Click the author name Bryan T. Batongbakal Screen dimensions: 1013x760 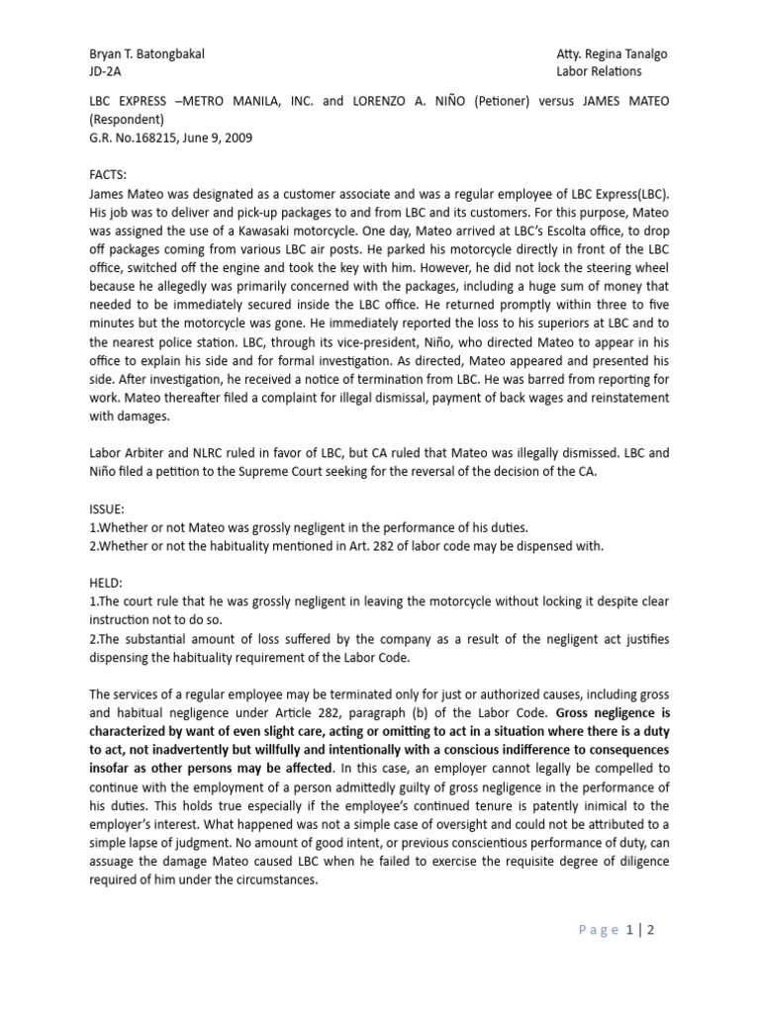pos(146,53)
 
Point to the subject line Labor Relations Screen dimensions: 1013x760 pos(599,71)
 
